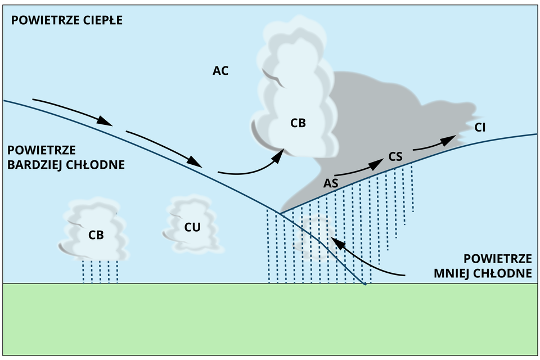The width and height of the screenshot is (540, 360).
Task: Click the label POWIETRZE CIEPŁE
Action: [66, 21]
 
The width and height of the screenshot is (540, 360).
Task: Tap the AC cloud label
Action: [220, 71]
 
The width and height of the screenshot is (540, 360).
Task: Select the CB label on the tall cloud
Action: [298, 123]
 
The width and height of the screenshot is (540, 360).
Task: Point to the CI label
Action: [480, 127]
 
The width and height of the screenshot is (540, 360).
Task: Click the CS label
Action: [395, 157]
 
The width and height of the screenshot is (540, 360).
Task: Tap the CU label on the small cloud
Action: [192, 227]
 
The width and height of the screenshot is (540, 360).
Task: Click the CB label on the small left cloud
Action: [96, 235]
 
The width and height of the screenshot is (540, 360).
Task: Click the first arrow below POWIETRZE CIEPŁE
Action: [72, 111]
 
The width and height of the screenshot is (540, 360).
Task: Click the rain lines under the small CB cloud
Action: [100, 271]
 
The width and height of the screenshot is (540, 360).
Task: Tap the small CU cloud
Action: [192, 225]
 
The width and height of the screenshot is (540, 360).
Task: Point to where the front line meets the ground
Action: [366, 284]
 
